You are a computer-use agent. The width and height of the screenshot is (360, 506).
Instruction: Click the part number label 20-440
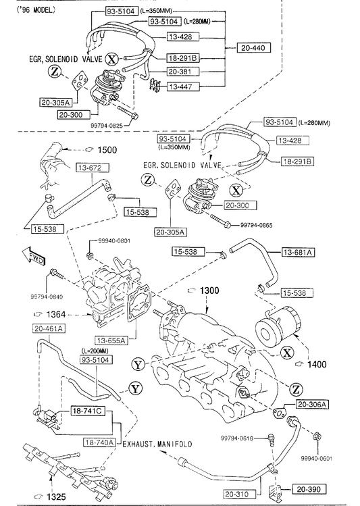[253, 48]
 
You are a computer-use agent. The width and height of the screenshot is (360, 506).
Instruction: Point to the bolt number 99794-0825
[107, 126]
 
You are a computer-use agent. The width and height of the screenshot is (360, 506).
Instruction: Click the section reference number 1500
[107, 150]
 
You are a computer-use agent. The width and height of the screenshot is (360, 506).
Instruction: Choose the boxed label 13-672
[93, 168]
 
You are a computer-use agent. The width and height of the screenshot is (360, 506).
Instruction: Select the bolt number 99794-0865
[256, 225]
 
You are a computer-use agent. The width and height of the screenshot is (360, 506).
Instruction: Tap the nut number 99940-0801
[114, 241]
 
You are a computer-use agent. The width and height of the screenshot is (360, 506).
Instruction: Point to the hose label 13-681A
[298, 252]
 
